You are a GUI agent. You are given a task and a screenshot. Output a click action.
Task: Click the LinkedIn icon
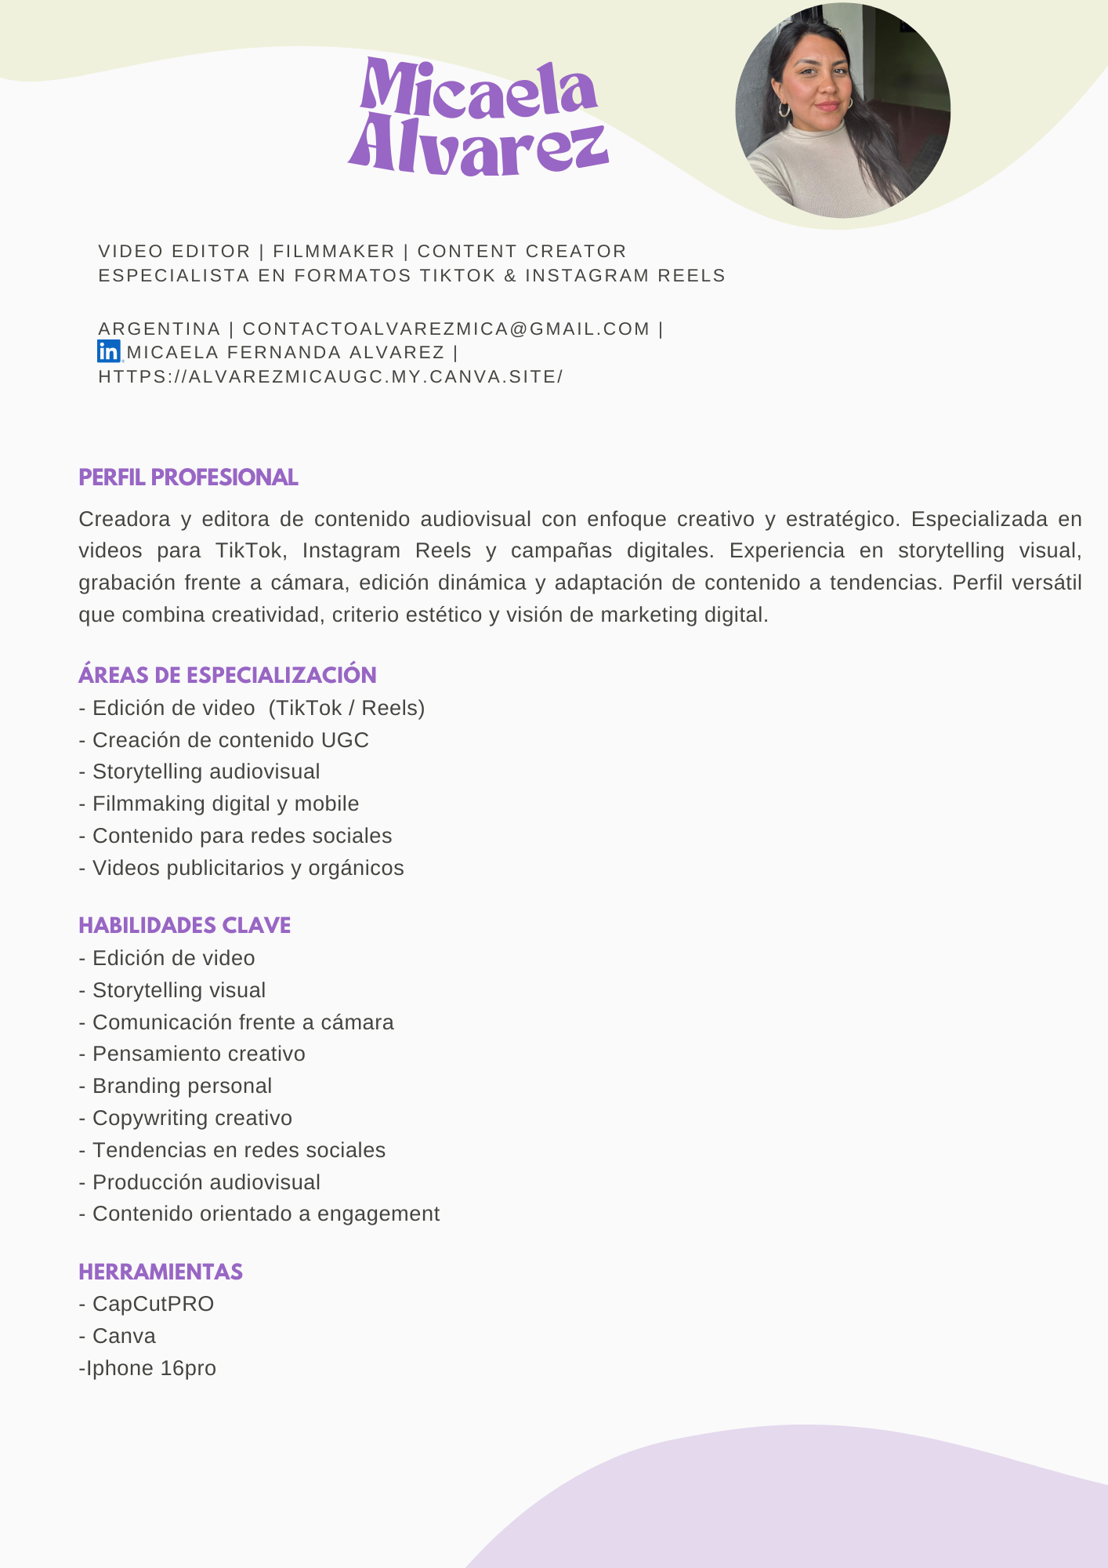tap(108, 352)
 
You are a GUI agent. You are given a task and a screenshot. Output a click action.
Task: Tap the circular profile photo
tap(842, 111)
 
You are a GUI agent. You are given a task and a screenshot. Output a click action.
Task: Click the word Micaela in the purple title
tap(479, 89)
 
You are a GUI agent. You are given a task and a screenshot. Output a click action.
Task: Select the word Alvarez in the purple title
tap(478, 146)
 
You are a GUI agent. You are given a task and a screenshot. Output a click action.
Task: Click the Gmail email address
tap(446, 329)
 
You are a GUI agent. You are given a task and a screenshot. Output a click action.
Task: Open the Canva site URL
tap(330, 377)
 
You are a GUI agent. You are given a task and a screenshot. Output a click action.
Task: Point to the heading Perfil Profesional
tap(188, 477)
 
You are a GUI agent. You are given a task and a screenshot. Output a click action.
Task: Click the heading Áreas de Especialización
tap(227, 675)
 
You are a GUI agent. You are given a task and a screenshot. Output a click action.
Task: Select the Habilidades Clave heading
tap(184, 925)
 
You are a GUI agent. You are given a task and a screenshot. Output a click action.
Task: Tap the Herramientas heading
tap(161, 1272)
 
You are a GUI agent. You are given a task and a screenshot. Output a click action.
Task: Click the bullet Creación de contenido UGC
tap(230, 740)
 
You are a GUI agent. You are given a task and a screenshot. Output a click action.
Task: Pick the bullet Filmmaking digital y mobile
tap(226, 804)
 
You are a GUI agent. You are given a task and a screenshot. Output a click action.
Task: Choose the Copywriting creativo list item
tap(192, 1118)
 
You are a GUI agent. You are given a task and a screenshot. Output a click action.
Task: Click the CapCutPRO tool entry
tap(153, 1304)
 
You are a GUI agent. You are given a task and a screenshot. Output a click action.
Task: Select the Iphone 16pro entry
tap(150, 1368)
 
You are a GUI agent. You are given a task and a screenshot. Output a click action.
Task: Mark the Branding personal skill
tap(182, 1086)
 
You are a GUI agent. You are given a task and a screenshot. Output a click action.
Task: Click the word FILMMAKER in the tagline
tap(334, 252)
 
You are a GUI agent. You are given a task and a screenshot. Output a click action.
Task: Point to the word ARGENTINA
tap(159, 329)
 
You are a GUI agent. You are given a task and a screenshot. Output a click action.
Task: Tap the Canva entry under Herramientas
tap(124, 1336)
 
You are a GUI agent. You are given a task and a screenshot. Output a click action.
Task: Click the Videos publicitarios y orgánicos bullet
tap(248, 868)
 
